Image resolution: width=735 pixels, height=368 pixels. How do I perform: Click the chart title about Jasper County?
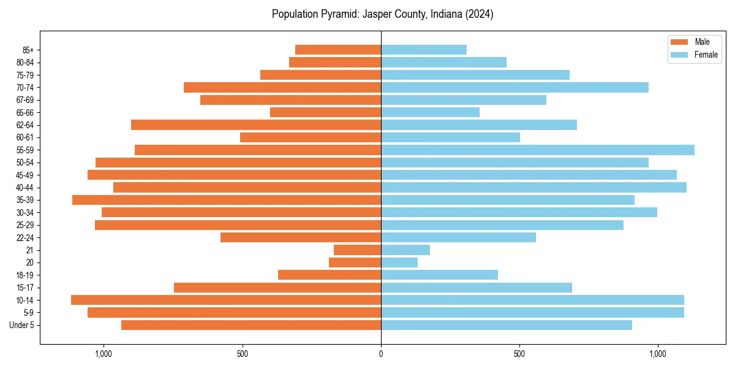click(382, 14)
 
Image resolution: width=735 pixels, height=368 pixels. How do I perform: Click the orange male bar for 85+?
click(338, 50)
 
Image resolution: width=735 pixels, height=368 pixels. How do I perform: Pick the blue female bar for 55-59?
click(537, 150)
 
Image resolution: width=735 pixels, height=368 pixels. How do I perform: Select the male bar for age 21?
click(357, 250)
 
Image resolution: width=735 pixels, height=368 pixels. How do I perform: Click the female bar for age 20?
click(399, 263)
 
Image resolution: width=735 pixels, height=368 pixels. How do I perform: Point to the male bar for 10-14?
click(226, 300)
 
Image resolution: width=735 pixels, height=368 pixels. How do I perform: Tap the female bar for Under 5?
click(507, 325)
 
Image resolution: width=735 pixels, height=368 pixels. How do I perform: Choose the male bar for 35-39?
click(227, 200)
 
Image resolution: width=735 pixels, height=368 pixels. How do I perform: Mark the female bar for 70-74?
click(514, 87)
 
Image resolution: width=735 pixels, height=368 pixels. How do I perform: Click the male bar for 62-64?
click(256, 125)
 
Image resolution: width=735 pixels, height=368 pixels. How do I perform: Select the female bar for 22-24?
click(458, 237)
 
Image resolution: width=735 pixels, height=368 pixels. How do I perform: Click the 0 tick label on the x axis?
click(381, 354)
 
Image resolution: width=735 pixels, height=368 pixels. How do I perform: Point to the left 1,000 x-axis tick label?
click(104, 354)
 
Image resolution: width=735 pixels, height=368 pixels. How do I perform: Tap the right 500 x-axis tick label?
click(519, 354)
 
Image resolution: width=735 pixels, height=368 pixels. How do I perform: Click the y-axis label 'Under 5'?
click(21, 325)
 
